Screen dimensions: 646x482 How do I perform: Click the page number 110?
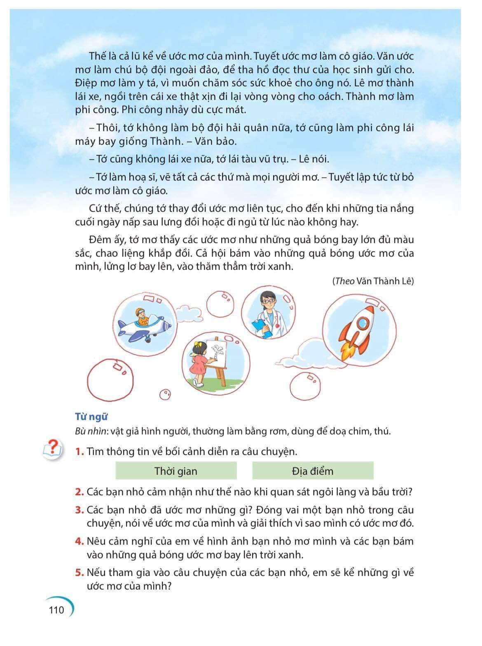[56, 609]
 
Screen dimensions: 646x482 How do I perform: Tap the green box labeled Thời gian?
[176, 471]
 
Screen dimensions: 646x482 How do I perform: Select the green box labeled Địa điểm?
[312, 471]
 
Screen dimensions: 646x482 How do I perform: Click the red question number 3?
[79, 510]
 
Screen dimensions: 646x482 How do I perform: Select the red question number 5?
[79, 572]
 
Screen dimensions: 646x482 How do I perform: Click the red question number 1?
[79, 451]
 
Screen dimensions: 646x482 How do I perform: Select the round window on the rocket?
[362, 323]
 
